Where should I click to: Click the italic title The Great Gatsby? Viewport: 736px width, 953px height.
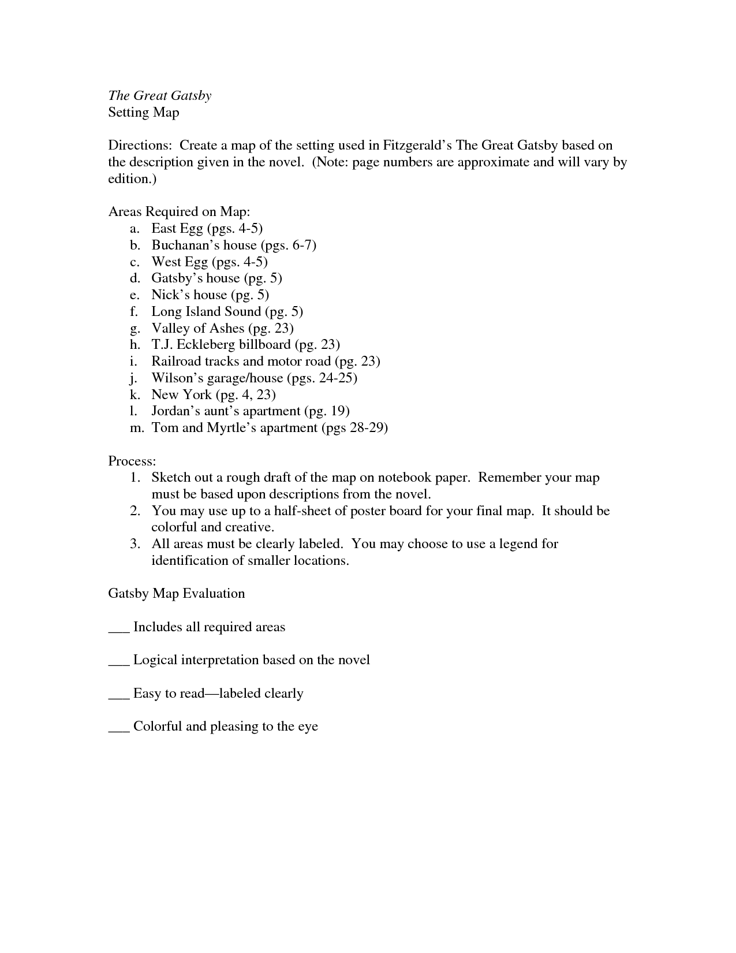coord(160,96)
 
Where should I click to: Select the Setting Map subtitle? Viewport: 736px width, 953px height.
coord(144,112)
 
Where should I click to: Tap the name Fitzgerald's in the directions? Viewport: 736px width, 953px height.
coord(417,146)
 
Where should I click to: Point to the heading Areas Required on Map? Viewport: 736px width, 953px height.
coord(179,212)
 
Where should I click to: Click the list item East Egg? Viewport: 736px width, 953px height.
coord(177,229)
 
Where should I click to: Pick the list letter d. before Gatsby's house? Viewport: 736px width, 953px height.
coord(135,278)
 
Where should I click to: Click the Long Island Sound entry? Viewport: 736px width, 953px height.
coord(206,312)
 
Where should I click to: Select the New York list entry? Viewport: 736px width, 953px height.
coord(181,395)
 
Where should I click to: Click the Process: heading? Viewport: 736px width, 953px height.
coord(132,461)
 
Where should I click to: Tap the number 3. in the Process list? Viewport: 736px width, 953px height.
coord(135,544)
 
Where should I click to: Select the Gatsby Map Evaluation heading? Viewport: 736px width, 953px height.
coord(177,594)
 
